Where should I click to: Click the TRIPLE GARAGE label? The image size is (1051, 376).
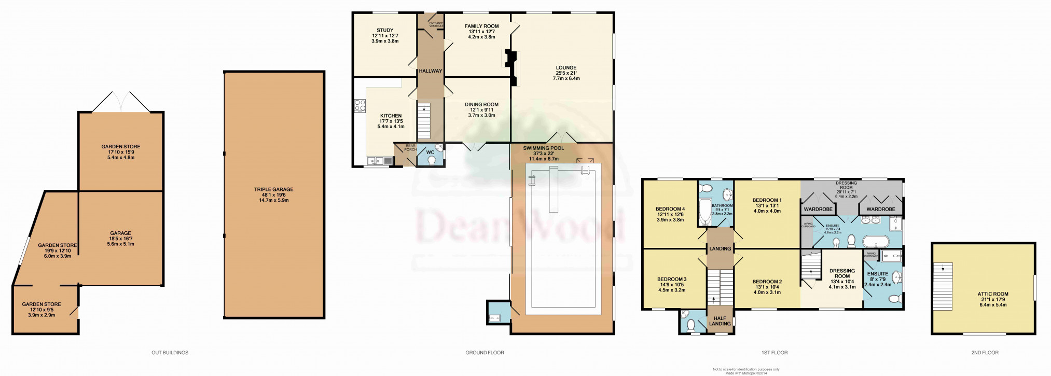pos(274,190)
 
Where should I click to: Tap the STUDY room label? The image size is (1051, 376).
pos(385,31)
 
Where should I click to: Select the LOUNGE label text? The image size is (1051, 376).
pos(566,67)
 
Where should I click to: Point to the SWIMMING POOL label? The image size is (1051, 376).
pos(543,148)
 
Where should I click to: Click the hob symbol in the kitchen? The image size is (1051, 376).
pos(359,106)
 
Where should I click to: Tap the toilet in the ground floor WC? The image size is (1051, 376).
pos(431,161)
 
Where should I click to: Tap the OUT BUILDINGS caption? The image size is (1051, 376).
pos(170,353)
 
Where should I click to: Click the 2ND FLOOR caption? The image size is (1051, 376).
pos(985,353)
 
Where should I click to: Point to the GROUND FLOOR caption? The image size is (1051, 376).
pos(485,353)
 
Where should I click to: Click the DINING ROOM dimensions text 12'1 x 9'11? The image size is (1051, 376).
pos(481,110)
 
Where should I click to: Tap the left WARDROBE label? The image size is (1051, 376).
pos(818,210)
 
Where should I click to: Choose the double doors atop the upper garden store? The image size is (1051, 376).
pos(121,102)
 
